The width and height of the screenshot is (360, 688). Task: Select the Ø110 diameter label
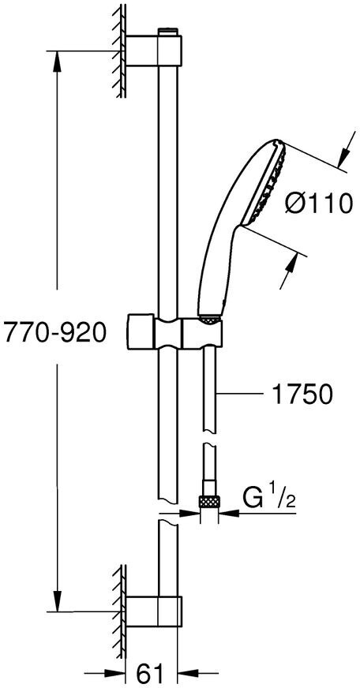(x=319, y=204)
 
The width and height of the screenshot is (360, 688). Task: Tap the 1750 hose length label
(x=302, y=395)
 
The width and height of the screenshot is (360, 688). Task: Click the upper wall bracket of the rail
(x=154, y=50)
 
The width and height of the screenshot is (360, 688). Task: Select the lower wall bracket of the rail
(x=154, y=611)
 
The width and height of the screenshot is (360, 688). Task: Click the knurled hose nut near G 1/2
(x=209, y=501)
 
